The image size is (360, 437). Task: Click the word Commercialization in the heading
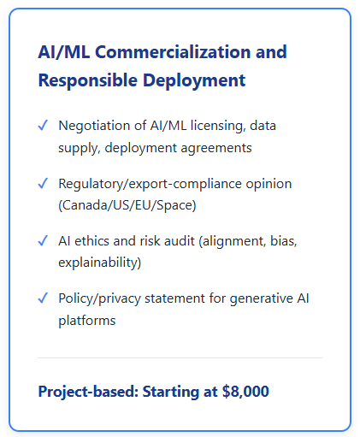[173, 52]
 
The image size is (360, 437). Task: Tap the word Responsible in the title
[88, 81]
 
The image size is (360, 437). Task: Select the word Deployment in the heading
[194, 81]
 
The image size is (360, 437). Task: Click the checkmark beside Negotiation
[43, 125]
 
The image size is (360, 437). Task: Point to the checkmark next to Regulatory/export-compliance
[43, 183]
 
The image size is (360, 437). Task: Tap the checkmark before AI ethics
[43, 240]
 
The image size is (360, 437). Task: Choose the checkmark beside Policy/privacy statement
[43, 298]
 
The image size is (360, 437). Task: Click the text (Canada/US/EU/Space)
[127, 205]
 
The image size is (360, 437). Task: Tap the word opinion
[269, 184]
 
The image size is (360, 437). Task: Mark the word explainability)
[100, 263]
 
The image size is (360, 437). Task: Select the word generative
[262, 298]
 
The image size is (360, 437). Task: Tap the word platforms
[87, 321]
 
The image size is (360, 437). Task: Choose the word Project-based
[88, 392]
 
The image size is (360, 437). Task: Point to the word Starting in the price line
[170, 392]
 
